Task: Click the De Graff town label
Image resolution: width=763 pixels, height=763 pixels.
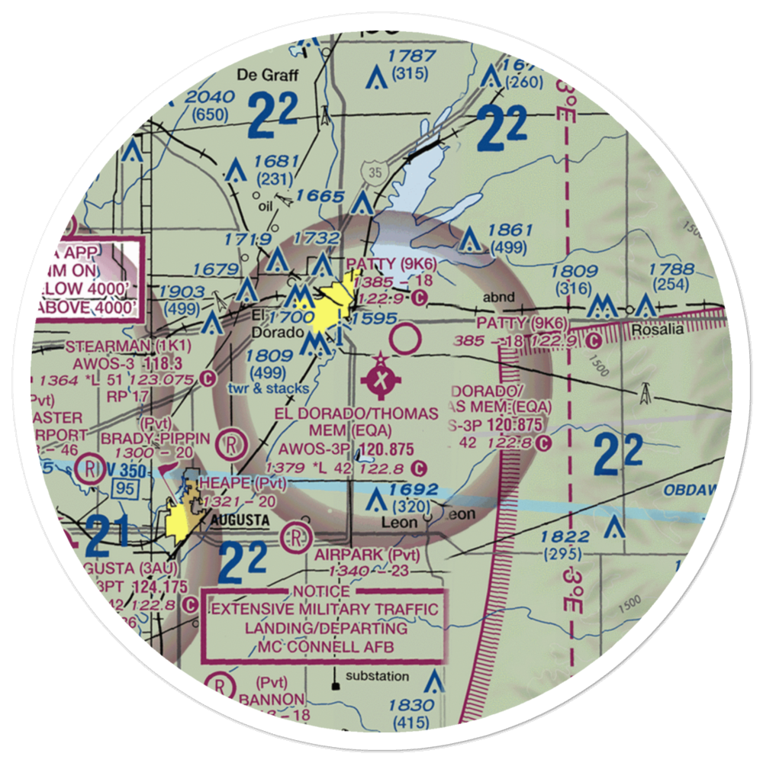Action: point(260,75)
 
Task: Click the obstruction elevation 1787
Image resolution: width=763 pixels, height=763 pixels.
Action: point(411,56)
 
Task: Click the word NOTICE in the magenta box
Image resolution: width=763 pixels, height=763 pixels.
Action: point(321,591)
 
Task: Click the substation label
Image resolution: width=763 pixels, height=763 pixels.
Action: point(377,677)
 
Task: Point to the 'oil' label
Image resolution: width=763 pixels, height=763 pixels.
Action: point(266,204)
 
